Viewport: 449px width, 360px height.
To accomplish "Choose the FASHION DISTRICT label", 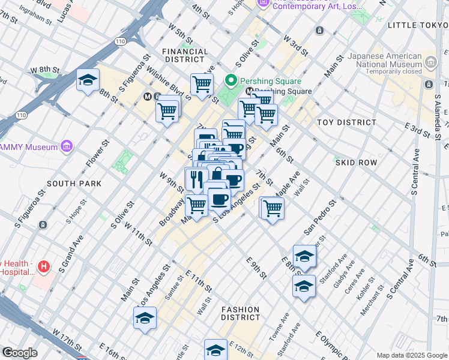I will (240, 314).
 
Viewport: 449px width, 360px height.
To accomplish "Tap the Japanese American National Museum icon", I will (430, 61).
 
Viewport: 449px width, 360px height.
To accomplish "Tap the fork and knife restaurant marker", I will (196, 178).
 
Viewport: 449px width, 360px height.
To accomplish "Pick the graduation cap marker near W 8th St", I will (88, 81).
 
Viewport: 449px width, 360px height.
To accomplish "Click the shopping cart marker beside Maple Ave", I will (273, 208).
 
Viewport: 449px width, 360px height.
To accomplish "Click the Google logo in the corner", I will (20, 353).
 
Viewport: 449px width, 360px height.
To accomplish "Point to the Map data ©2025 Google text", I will (411, 355).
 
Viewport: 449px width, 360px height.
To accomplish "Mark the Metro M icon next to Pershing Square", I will (249, 91).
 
